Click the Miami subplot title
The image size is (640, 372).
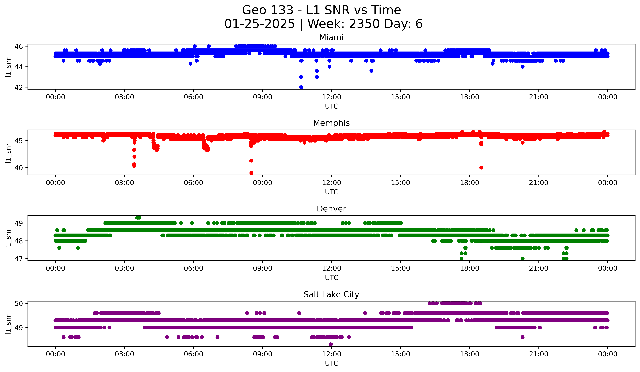click(331, 37)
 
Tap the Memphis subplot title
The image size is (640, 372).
click(331, 123)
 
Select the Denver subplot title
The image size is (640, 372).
click(331, 209)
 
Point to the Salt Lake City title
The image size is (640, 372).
click(331, 294)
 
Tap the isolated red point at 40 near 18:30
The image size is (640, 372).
click(481, 168)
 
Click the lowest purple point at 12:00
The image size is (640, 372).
click(331, 344)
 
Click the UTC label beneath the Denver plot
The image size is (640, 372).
click(331, 278)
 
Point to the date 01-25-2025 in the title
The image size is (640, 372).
click(260, 24)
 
